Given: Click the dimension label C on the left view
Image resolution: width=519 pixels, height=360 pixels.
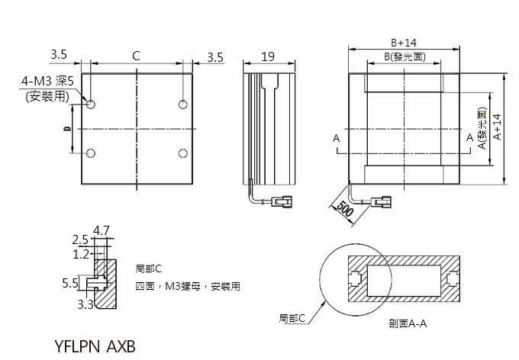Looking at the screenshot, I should (136, 56).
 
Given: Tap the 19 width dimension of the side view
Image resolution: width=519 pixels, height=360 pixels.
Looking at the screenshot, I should (268, 56).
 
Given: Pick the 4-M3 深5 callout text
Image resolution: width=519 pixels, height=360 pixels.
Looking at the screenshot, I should (47, 80).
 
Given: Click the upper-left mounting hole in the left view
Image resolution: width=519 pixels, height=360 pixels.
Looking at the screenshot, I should (91, 104).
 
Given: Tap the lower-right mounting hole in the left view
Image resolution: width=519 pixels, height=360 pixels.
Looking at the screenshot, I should (182, 153).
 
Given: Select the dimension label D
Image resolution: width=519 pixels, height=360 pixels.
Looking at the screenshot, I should (67, 130).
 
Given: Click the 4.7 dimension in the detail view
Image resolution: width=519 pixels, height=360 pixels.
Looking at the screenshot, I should (101, 230).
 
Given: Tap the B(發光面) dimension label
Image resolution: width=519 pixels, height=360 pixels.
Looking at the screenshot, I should (404, 57).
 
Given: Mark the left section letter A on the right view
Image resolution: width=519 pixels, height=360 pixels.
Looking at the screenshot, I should (335, 138).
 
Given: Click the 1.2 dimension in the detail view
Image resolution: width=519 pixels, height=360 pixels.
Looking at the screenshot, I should (80, 252).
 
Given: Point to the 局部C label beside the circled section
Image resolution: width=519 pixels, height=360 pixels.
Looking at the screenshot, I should (292, 317).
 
